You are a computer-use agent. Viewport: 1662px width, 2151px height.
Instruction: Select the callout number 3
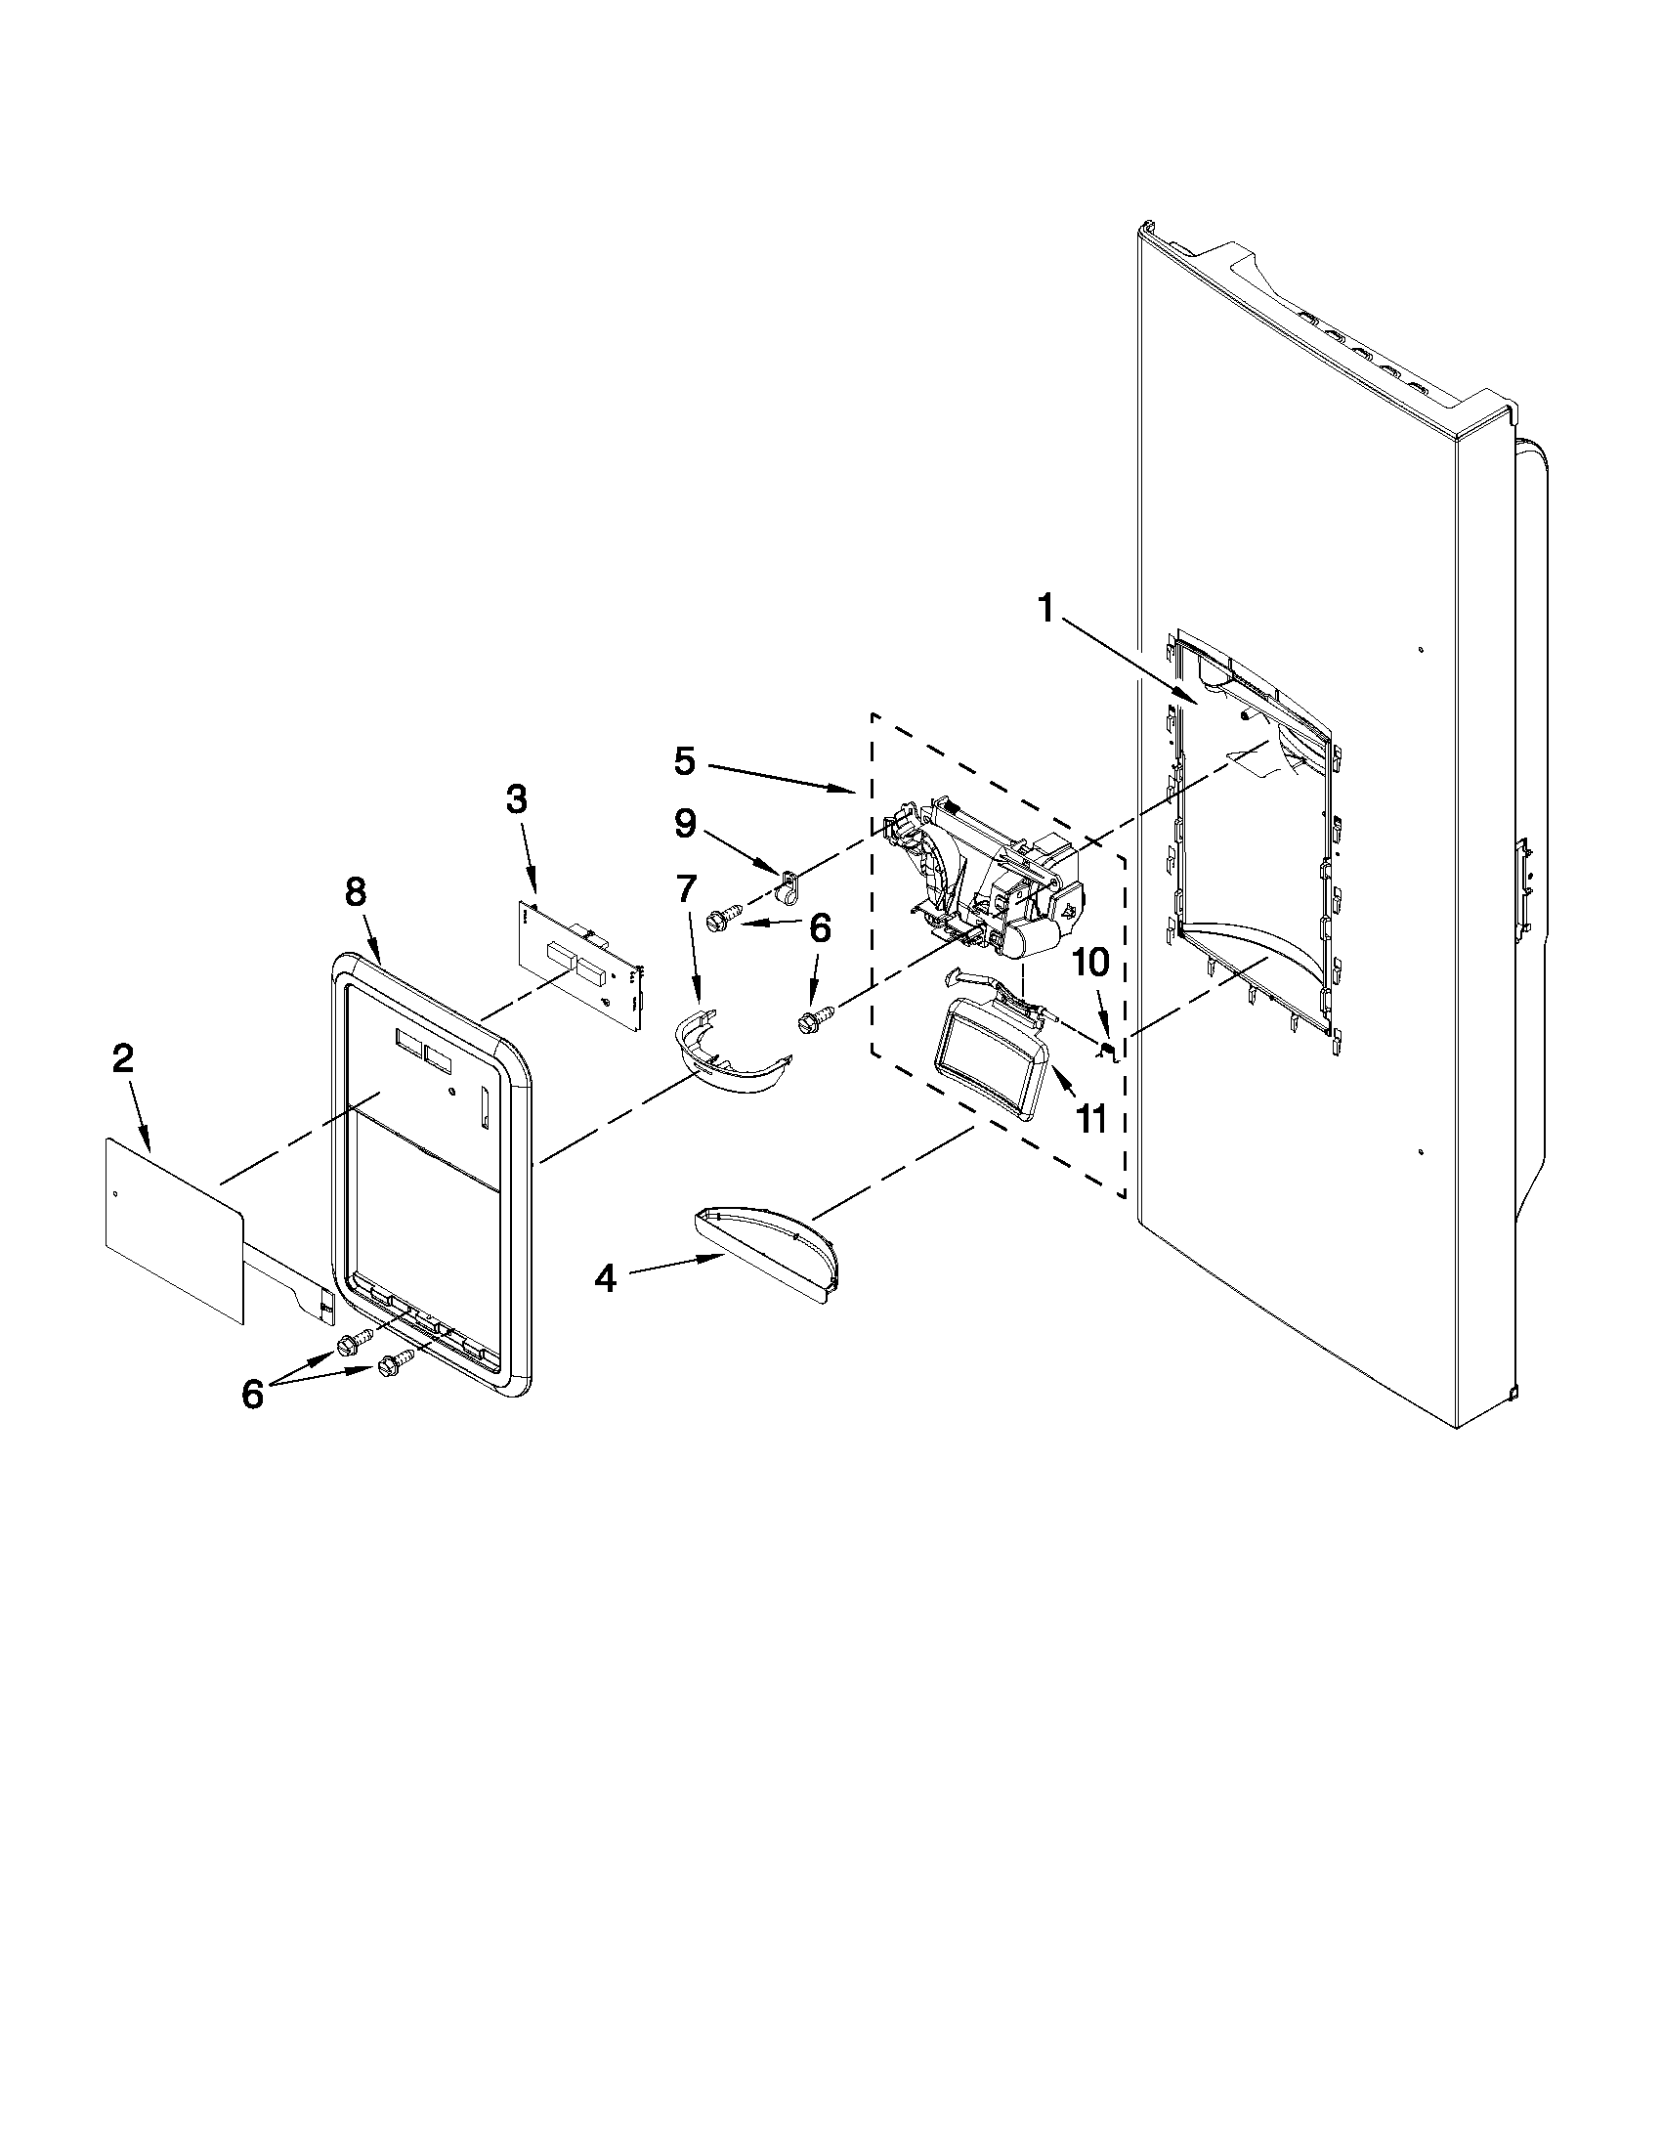click(x=516, y=799)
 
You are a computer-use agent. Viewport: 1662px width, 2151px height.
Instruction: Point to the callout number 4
click(x=605, y=1279)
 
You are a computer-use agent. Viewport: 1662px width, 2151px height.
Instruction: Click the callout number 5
click(x=685, y=760)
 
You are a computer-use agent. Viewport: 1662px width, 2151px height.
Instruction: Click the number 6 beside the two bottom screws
click(x=253, y=1394)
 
